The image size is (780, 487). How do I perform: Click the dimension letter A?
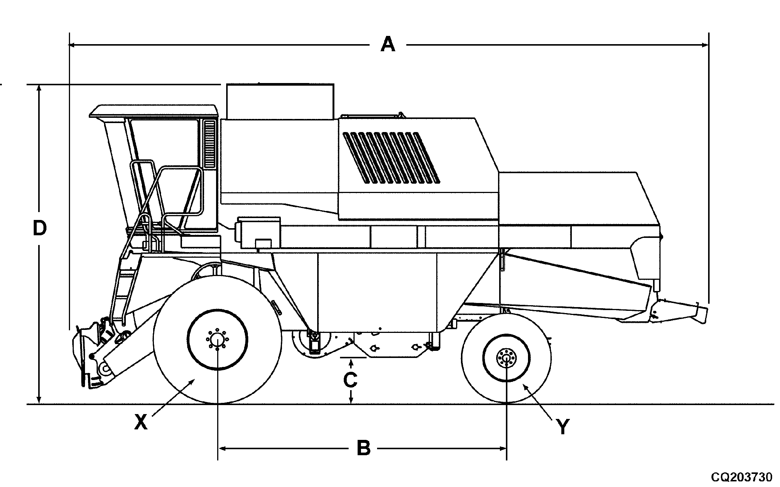click(x=388, y=45)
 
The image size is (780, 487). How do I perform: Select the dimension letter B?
click(x=363, y=448)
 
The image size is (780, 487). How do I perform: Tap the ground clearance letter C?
click(x=350, y=380)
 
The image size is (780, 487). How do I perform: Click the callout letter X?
click(x=141, y=423)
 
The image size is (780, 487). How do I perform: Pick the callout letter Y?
click(x=562, y=427)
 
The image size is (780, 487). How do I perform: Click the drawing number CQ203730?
click(x=742, y=477)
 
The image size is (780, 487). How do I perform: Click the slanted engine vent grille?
click(x=391, y=157)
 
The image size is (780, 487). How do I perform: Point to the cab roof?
click(x=154, y=111)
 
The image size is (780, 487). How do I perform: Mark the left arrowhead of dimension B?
click(x=221, y=448)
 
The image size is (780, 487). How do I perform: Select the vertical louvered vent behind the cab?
click(x=210, y=144)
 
